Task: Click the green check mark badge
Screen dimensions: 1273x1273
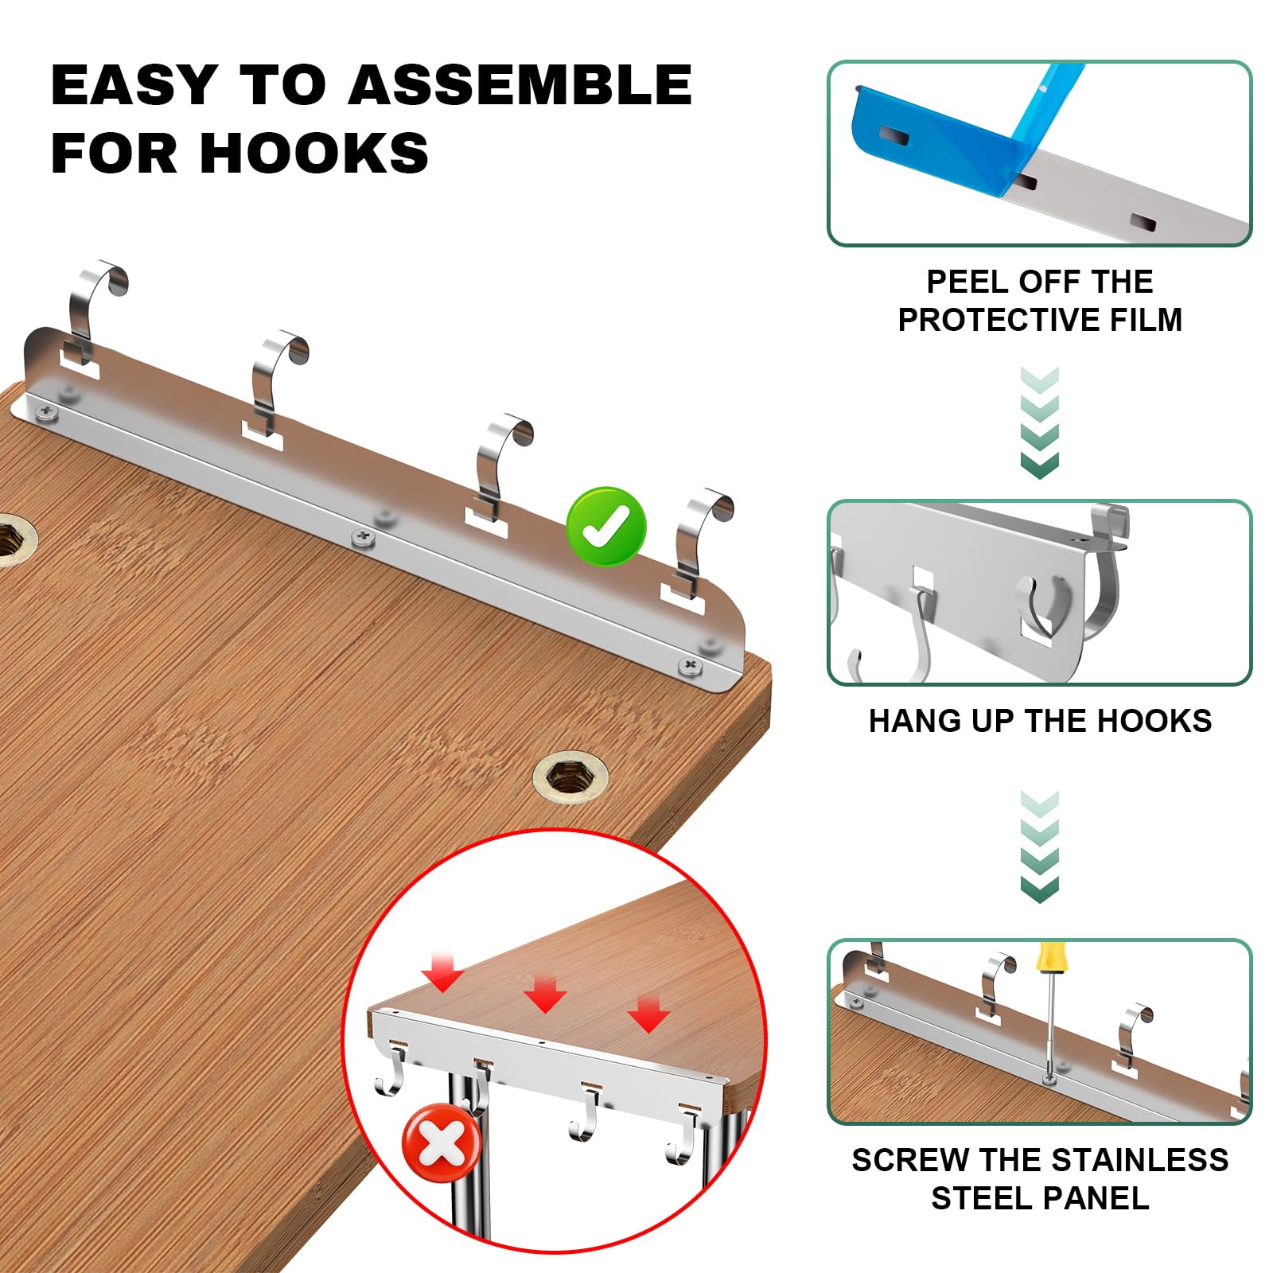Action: pos(606,526)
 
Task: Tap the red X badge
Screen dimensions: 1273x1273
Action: pos(442,1146)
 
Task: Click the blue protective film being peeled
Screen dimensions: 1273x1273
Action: pos(955,127)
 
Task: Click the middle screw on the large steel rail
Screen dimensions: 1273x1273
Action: pos(363,537)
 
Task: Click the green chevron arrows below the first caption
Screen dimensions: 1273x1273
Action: pos(1039,422)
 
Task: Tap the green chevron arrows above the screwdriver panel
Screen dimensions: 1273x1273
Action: pos(1039,847)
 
